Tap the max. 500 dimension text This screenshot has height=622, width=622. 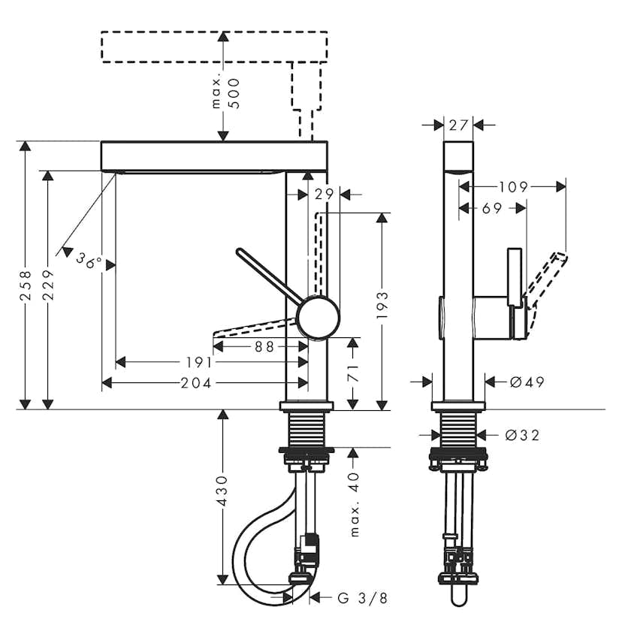(x=225, y=94)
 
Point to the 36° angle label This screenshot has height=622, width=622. (x=89, y=261)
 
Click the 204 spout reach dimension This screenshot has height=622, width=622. (x=196, y=383)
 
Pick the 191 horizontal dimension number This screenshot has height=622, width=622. (x=200, y=362)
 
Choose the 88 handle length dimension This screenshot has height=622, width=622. (x=264, y=347)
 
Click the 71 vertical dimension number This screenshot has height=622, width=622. (x=353, y=373)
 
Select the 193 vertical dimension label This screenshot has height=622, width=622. (x=382, y=306)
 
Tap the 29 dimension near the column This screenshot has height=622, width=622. (x=325, y=195)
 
